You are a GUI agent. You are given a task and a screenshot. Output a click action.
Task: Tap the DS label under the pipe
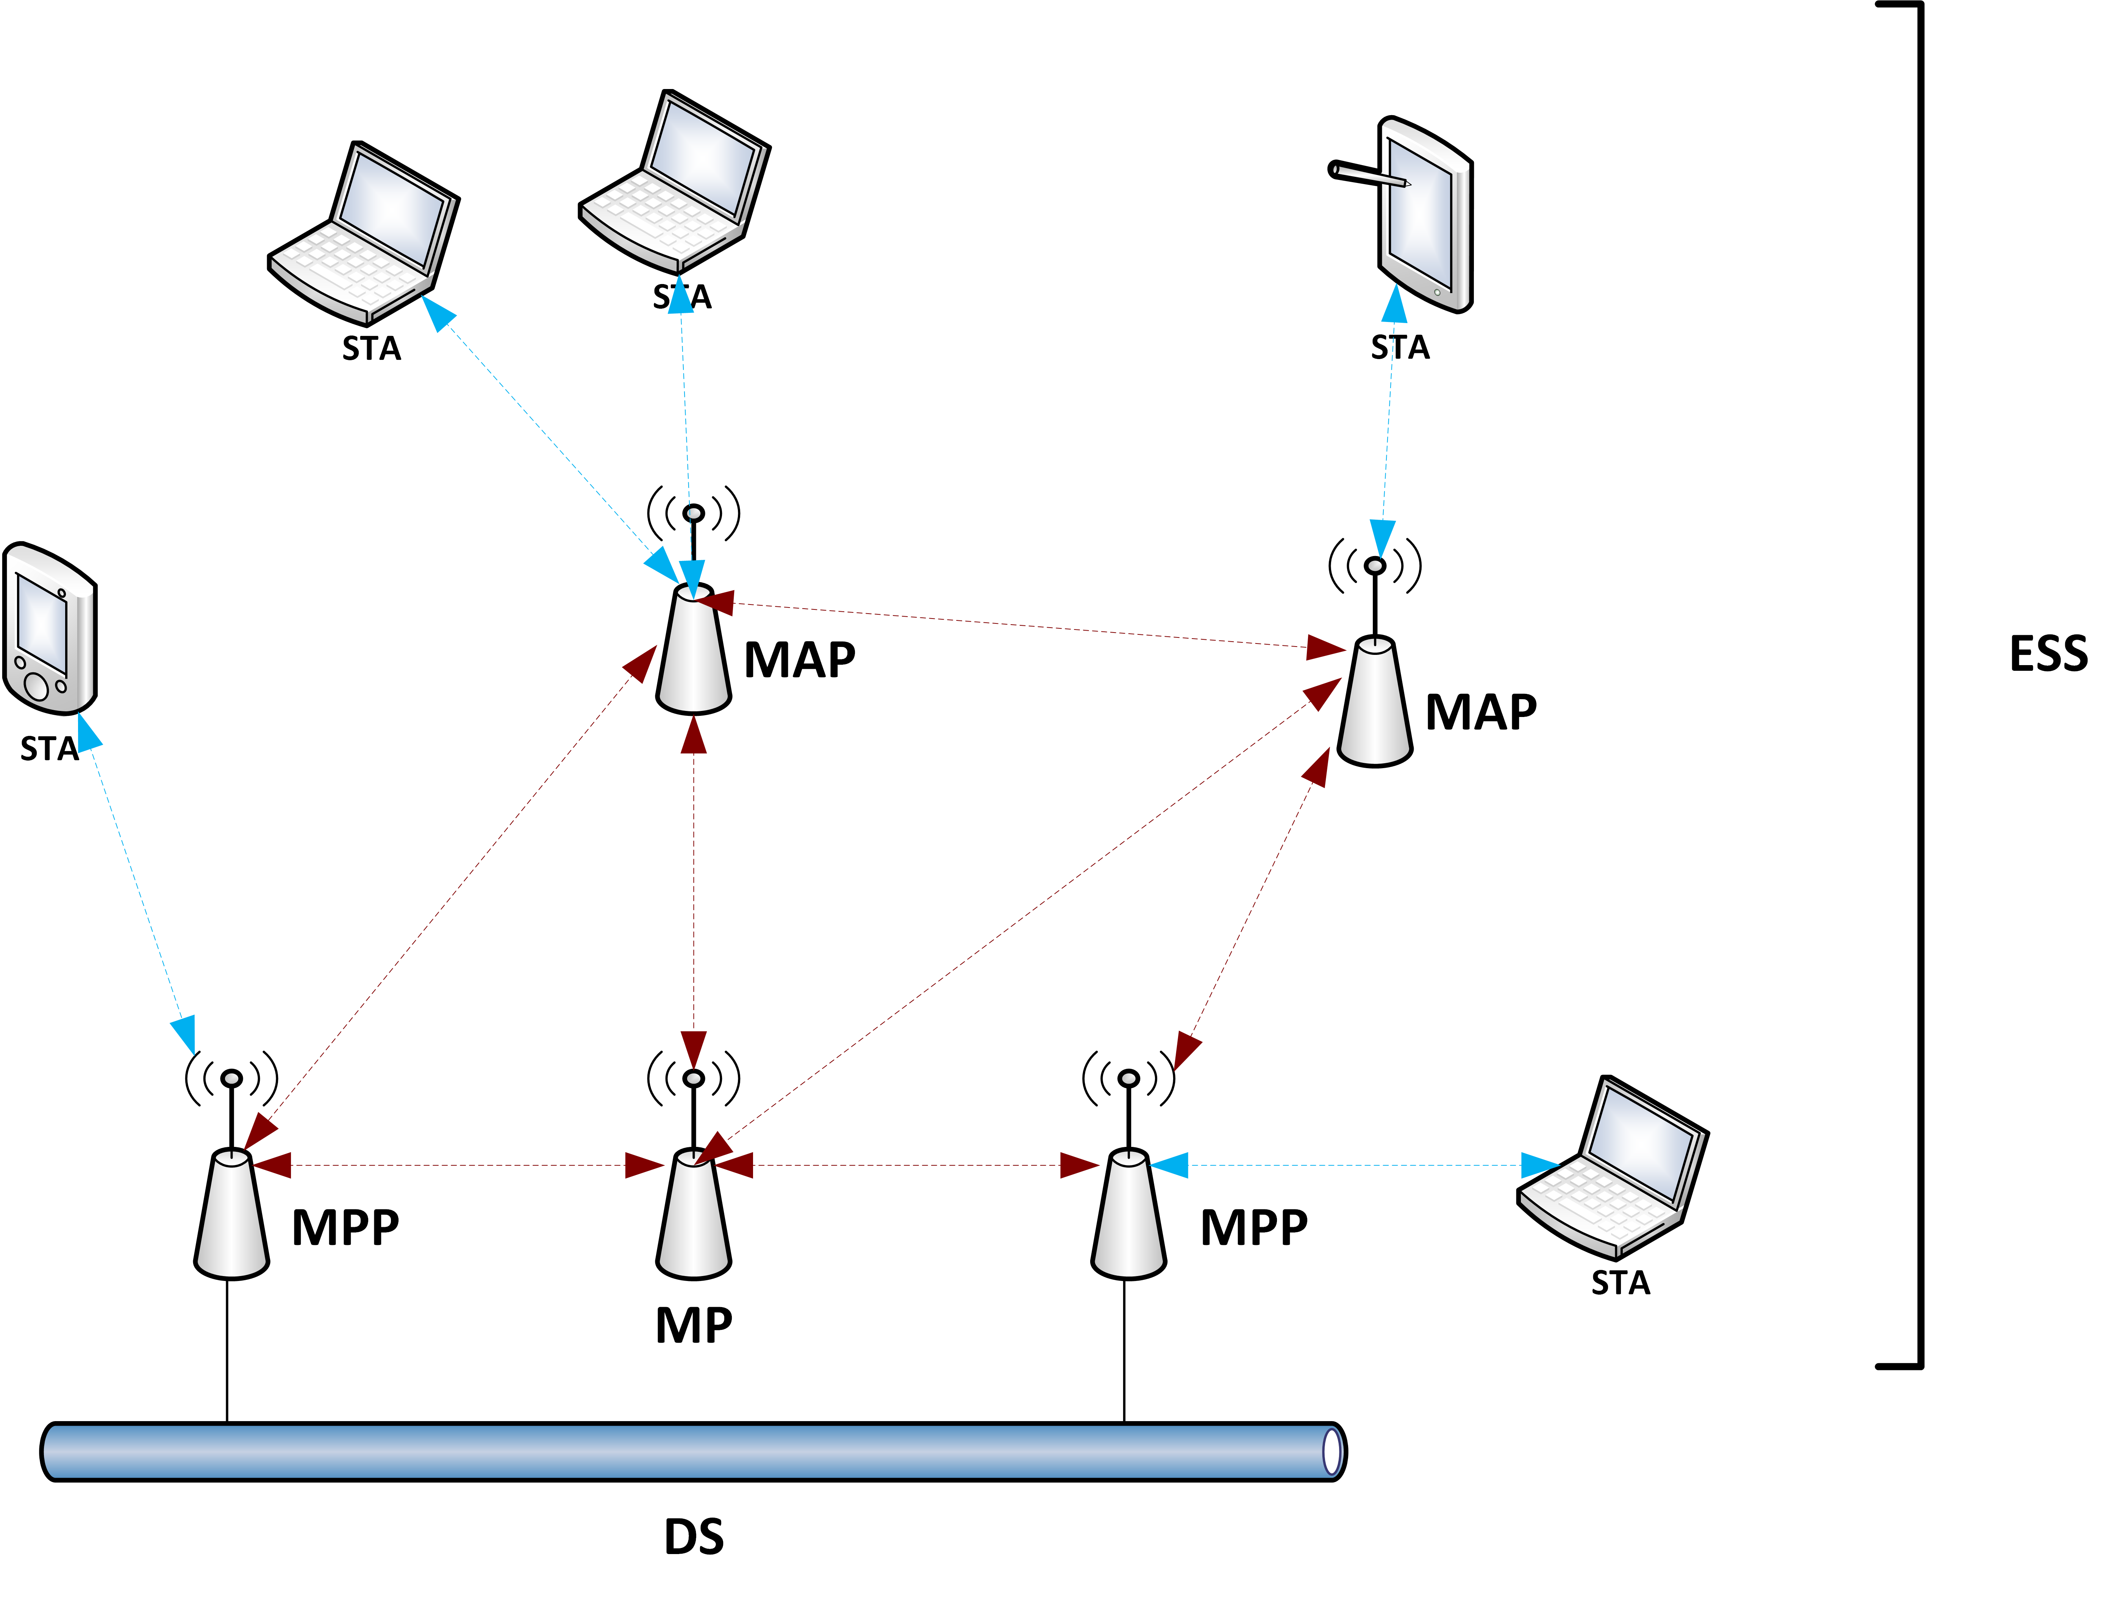[x=694, y=1537]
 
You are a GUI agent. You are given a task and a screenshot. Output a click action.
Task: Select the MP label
[x=694, y=1326]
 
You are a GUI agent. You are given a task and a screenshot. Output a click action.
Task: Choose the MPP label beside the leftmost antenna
[x=345, y=1228]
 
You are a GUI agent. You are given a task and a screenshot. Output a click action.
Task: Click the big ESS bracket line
[x=1920, y=685]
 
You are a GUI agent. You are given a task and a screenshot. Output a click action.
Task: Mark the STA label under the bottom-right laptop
[x=1620, y=1283]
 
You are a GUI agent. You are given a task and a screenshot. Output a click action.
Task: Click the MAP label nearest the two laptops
[x=799, y=660]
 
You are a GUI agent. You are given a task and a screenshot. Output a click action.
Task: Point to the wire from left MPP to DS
[x=227, y=1351]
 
